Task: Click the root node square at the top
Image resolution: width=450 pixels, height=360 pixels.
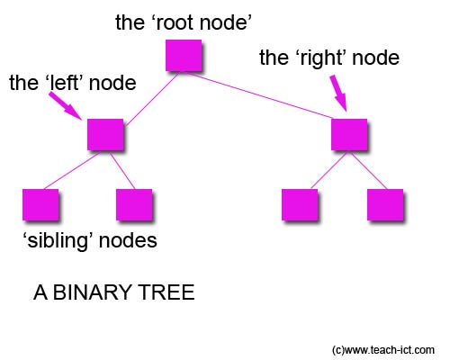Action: click(x=183, y=56)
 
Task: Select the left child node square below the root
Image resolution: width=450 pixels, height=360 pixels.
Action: click(x=105, y=135)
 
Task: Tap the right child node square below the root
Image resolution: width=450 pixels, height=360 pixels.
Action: click(x=349, y=134)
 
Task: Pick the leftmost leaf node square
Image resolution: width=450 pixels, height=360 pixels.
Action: click(x=40, y=205)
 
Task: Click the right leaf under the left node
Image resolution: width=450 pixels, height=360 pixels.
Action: click(x=134, y=205)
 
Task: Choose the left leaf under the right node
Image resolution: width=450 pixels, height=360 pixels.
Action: click(x=300, y=205)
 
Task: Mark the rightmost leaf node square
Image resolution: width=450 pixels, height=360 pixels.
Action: click(x=385, y=205)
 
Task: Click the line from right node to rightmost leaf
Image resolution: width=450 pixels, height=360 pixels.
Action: click(x=367, y=170)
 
